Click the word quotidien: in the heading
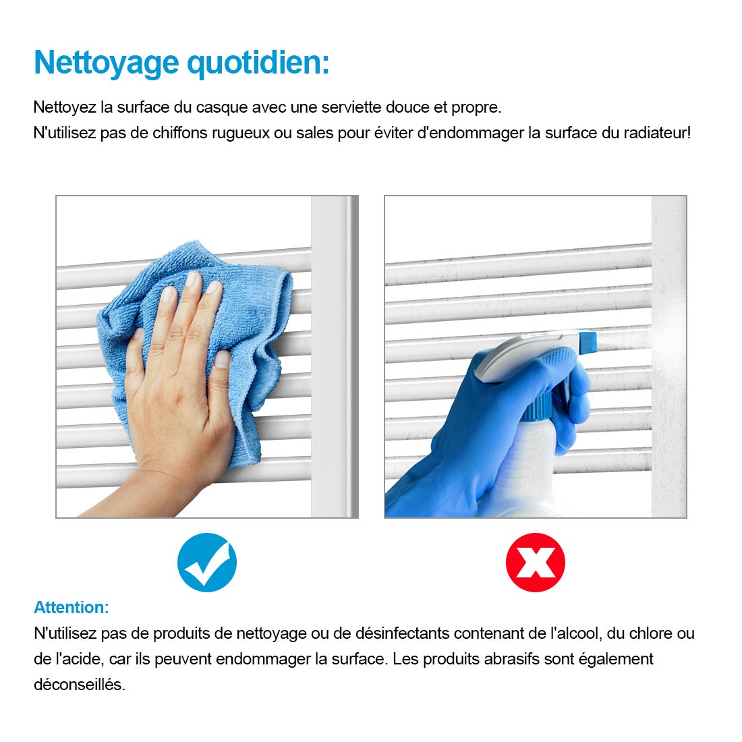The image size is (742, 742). [x=258, y=63]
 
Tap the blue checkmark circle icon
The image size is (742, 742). [x=207, y=563]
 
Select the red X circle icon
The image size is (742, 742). [x=535, y=563]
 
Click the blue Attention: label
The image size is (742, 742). [x=72, y=607]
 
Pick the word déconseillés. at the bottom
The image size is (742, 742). [x=80, y=684]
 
